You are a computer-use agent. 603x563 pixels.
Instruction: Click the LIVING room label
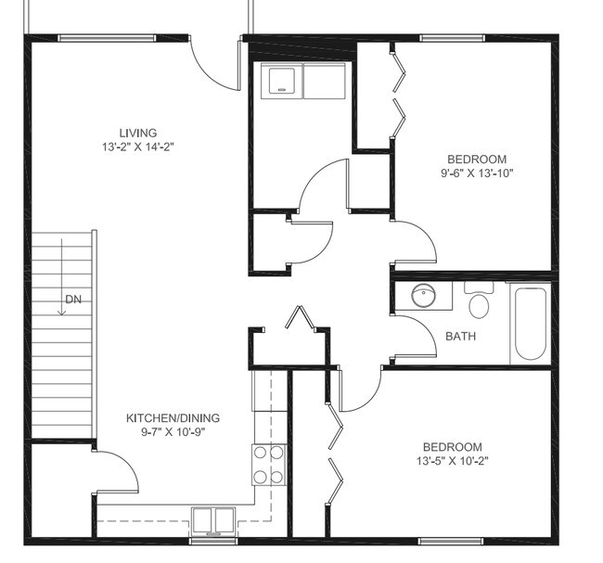137,133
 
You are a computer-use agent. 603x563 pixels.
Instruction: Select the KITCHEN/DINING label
173,417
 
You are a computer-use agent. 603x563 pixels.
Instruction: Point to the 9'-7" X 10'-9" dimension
173,431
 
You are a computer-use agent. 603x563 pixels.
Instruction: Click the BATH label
460,336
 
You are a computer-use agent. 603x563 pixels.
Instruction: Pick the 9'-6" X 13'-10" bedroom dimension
477,172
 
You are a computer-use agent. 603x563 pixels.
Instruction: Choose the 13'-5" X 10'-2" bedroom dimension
453,460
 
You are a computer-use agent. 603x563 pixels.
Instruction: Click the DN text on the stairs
72,299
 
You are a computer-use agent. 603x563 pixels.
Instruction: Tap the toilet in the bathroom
480,303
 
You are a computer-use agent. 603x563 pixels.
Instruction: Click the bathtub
531,323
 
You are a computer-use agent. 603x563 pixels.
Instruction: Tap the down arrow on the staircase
61,278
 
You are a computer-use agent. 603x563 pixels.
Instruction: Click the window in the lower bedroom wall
452,540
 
